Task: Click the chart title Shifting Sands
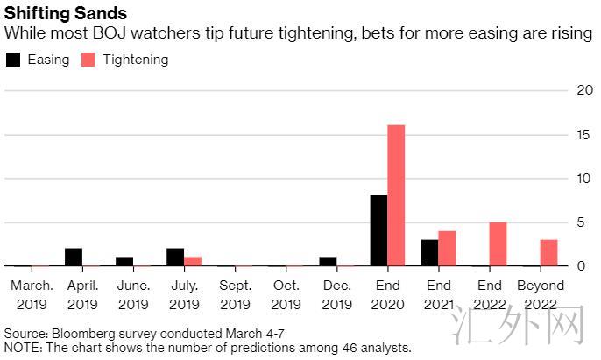click(x=65, y=13)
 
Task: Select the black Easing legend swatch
click(x=13, y=60)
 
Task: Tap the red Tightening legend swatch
click(x=88, y=60)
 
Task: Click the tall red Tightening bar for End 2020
click(x=396, y=195)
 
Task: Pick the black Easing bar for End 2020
click(x=379, y=230)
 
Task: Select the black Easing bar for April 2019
click(x=74, y=258)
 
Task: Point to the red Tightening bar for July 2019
click(x=193, y=262)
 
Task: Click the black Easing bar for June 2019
click(x=124, y=262)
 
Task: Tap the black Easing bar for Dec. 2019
click(x=328, y=262)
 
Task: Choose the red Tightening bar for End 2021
click(x=447, y=249)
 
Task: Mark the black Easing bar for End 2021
click(x=429, y=253)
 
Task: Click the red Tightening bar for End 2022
click(x=498, y=244)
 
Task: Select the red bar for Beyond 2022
click(x=548, y=253)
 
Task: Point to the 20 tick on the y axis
click(x=585, y=90)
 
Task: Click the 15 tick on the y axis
click(x=585, y=135)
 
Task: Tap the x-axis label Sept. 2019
click(x=236, y=295)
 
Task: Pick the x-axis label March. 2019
click(x=32, y=295)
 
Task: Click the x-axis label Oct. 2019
click(x=286, y=295)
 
